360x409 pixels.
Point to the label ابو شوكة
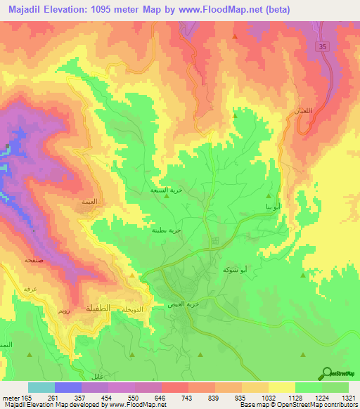(x=254, y=270)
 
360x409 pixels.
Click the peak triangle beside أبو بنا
(x=269, y=197)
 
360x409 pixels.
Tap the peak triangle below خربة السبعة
(x=166, y=197)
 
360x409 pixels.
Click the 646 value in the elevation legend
(x=148, y=398)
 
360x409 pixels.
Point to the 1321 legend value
(x=341, y=398)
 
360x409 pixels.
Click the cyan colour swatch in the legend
(x=41, y=387)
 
